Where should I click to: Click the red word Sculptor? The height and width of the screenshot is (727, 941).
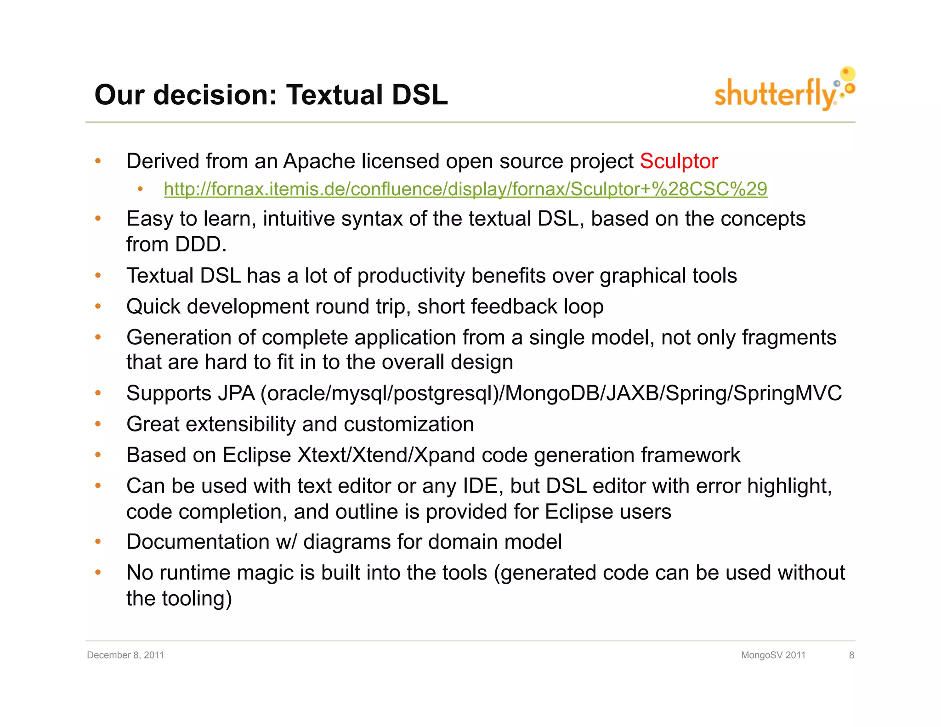click(x=678, y=161)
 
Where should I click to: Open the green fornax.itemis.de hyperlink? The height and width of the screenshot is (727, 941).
click(x=465, y=189)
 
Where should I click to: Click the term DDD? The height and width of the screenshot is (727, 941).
click(x=198, y=244)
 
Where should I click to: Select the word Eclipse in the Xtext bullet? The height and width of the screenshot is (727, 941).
click(x=257, y=455)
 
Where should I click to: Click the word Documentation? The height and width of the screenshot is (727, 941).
click(x=198, y=541)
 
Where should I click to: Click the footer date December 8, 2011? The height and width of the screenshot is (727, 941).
click(x=125, y=655)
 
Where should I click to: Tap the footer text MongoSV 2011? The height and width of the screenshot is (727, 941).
click(x=773, y=655)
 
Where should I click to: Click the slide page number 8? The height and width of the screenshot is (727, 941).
click(x=851, y=655)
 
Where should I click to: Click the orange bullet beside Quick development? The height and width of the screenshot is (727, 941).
click(x=98, y=306)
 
